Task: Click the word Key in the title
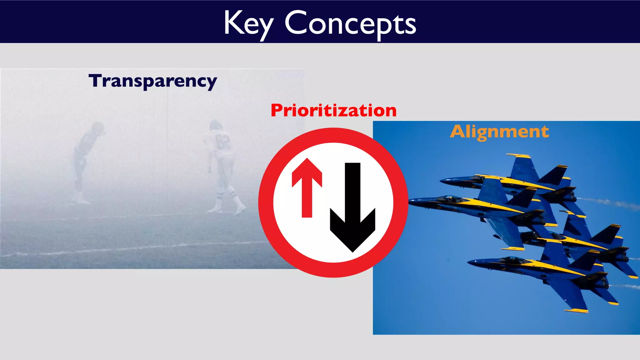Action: point(248,23)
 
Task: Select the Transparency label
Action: point(152,81)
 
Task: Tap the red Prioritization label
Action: point(333,111)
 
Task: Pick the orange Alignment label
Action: point(499,132)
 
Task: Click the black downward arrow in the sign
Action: point(353,206)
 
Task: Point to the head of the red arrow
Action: point(307,172)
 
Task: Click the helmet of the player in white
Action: point(215,126)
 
